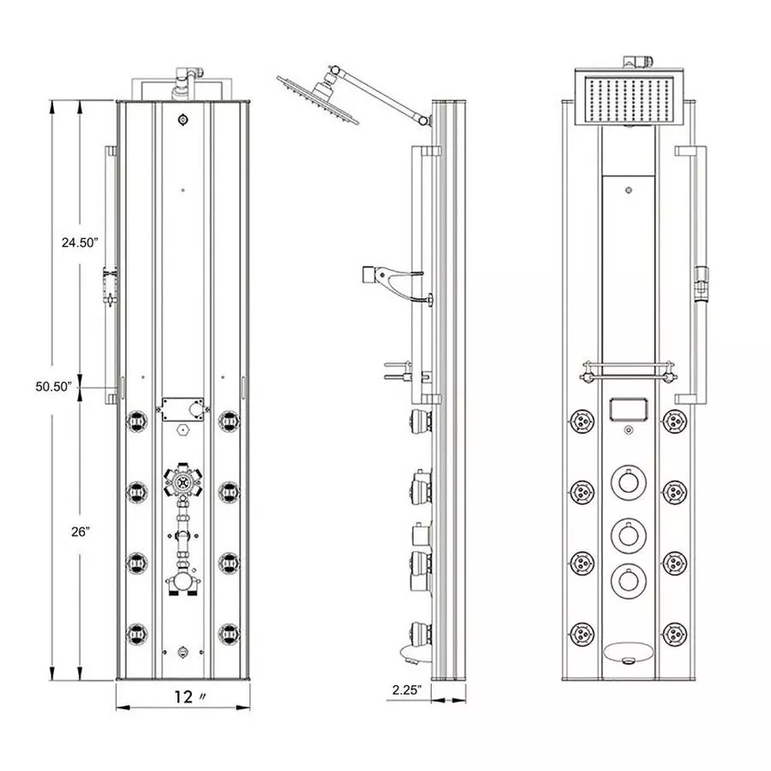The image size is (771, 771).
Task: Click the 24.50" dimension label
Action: click(79, 242)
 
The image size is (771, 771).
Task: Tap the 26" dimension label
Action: click(81, 531)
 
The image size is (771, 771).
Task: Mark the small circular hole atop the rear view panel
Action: click(182, 120)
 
